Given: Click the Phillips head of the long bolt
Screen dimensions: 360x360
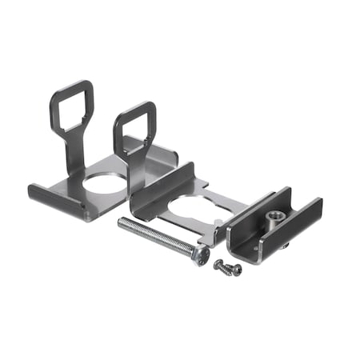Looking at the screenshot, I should pos(202,255).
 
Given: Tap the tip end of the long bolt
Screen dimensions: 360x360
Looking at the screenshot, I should pos(122,222).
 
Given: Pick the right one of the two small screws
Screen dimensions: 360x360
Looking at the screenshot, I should pos(234,270).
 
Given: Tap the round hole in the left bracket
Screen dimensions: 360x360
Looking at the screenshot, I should pos(103,181).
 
